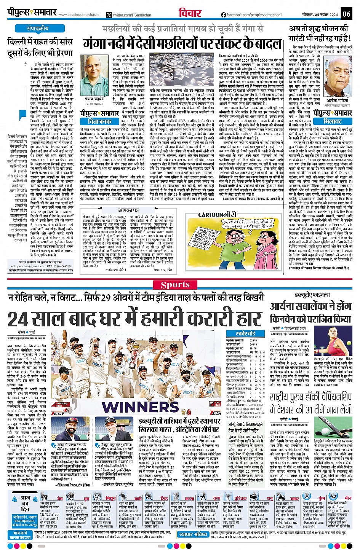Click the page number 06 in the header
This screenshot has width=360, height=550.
pos(346,14)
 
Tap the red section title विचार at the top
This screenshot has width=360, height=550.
pos(190,13)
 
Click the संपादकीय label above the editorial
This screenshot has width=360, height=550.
pos(38,29)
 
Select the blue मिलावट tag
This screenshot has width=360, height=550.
pos(332,121)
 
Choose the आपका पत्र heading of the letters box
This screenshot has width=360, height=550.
pos(128,210)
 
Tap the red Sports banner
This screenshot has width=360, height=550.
pos(175,285)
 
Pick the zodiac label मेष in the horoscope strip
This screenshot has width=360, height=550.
pos(60,498)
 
